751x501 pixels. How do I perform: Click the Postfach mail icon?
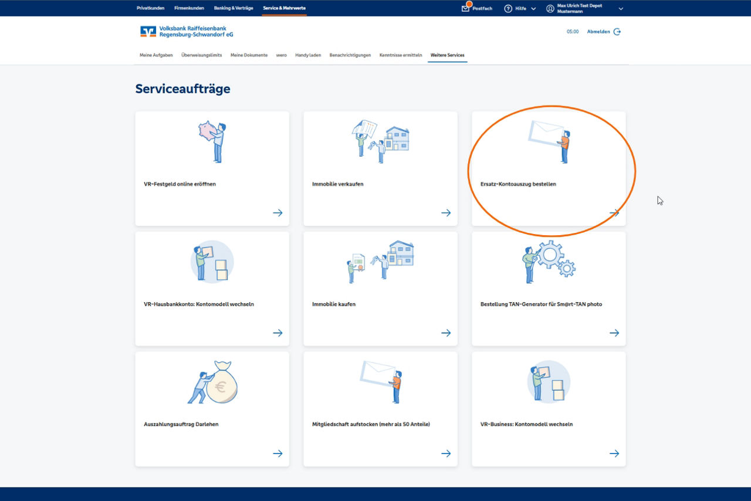[x=466, y=8]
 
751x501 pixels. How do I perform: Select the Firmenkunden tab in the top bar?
[x=189, y=8]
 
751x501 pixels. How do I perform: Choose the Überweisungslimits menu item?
[x=201, y=55]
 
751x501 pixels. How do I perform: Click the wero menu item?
[x=281, y=55]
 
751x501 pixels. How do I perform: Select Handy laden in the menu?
[x=308, y=55]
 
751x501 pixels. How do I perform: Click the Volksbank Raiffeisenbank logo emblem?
[x=148, y=32]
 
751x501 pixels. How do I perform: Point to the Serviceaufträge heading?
[x=182, y=89]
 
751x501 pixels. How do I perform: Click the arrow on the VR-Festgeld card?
[x=278, y=213]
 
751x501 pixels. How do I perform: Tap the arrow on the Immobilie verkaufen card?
[x=446, y=213]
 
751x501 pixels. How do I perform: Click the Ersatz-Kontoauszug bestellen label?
[x=518, y=184]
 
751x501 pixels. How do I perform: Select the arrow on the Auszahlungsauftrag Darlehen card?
[x=278, y=453]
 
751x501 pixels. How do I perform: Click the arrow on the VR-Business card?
[x=614, y=453]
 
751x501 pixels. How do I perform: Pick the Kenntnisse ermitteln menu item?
[x=401, y=55]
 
